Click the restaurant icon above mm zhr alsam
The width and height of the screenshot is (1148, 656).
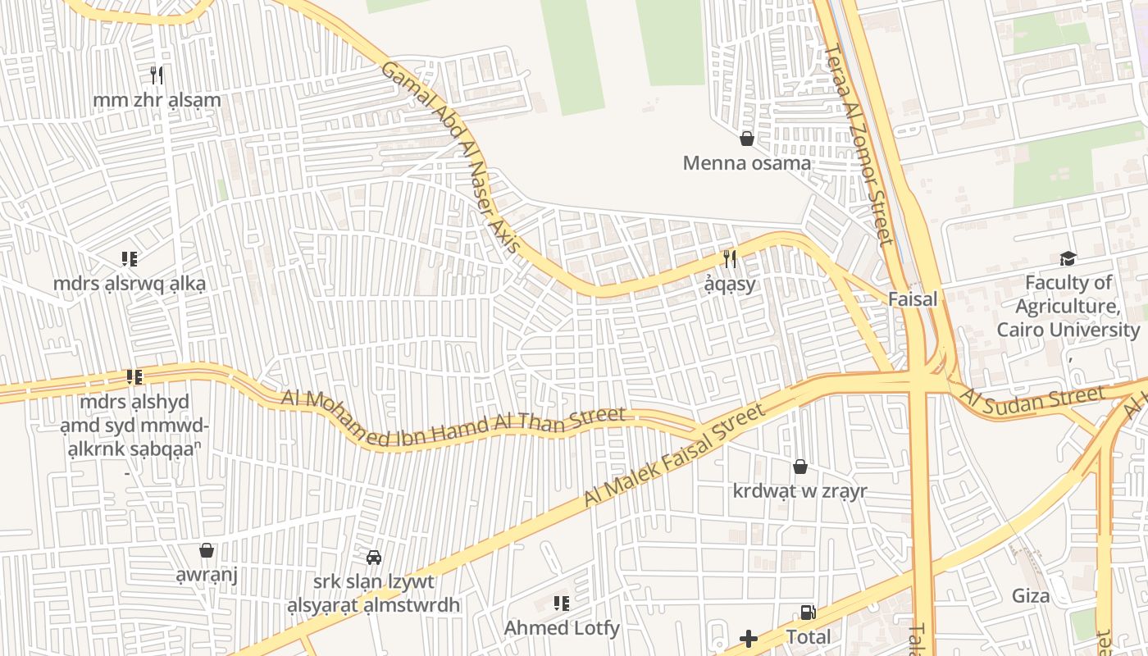pyautogui.click(x=157, y=75)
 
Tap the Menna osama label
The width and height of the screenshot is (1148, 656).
pyautogui.click(x=747, y=162)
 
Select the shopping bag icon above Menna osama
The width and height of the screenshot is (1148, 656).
pyautogui.click(x=747, y=139)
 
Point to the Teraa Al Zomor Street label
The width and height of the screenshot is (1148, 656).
pyautogui.click(x=859, y=144)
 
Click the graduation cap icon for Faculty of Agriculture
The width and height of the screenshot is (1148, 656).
pyautogui.click(x=1068, y=259)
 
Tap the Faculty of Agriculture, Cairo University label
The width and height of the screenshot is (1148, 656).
pyautogui.click(x=1068, y=307)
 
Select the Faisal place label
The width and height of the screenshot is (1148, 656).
pyautogui.click(x=912, y=299)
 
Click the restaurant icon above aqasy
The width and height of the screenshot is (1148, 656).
pyautogui.click(x=730, y=259)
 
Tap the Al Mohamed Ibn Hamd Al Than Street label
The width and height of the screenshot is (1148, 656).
pyautogui.click(x=453, y=419)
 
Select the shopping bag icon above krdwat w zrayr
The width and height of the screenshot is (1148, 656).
pyautogui.click(x=800, y=467)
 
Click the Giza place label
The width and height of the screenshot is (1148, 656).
pyautogui.click(x=1031, y=596)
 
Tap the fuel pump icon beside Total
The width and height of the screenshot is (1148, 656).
pyautogui.click(x=808, y=613)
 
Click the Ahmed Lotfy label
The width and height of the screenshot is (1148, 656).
pyautogui.click(x=562, y=628)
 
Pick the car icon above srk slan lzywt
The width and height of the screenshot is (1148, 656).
pyautogui.click(x=374, y=558)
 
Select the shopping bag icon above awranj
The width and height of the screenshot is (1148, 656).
pyautogui.click(x=207, y=550)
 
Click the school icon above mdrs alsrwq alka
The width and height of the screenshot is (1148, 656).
pyautogui.click(x=129, y=259)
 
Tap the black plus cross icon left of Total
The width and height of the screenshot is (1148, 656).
pyautogui.click(x=749, y=638)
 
